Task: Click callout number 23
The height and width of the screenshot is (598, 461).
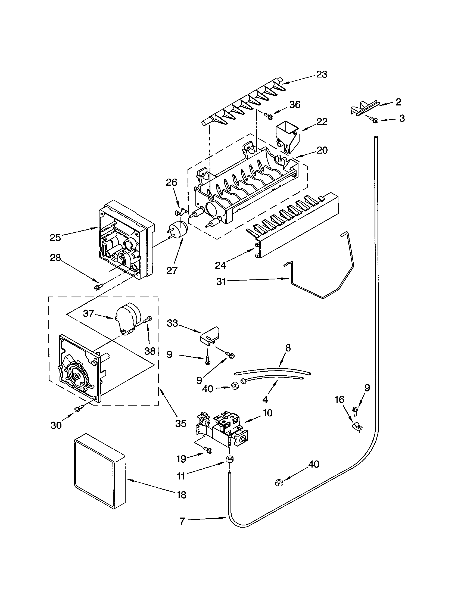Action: [322, 74]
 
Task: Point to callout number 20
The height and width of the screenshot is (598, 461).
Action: [322, 150]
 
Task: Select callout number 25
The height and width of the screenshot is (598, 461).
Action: [55, 237]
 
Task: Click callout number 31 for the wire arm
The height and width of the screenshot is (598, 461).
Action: [221, 282]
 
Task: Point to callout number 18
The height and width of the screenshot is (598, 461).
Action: [182, 495]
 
